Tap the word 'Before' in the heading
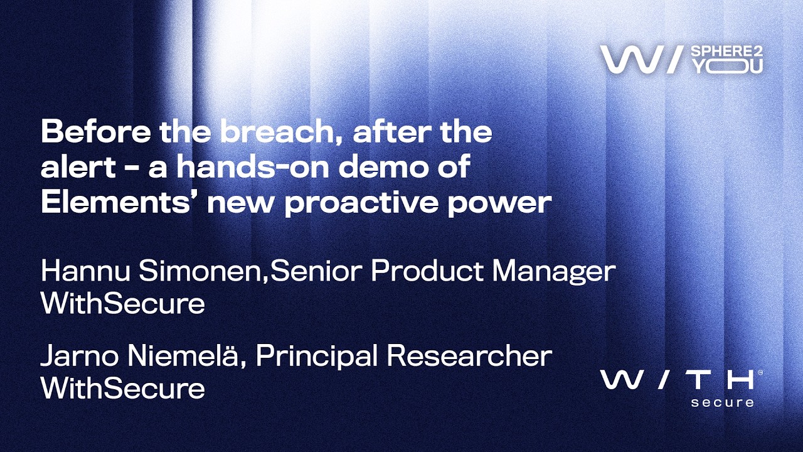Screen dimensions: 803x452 pyautogui.click(x=96, y=131)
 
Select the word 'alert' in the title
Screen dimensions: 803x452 pyautogui.click(x=78, y=167)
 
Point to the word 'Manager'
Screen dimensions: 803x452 pyautogui.click(x=553, y=272)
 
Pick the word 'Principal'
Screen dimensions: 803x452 pyautogui.click(x=317, y=358)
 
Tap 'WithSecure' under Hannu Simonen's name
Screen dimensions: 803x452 pyautogui.click(x=123, y=303)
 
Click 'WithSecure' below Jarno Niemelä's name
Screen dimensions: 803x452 pyautogui.click(x=123, y=388)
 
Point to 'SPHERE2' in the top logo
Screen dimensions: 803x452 pyautogui.click(x=726, y=51)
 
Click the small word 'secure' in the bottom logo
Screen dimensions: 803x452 pyautogui.click(x=722, y=402)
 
